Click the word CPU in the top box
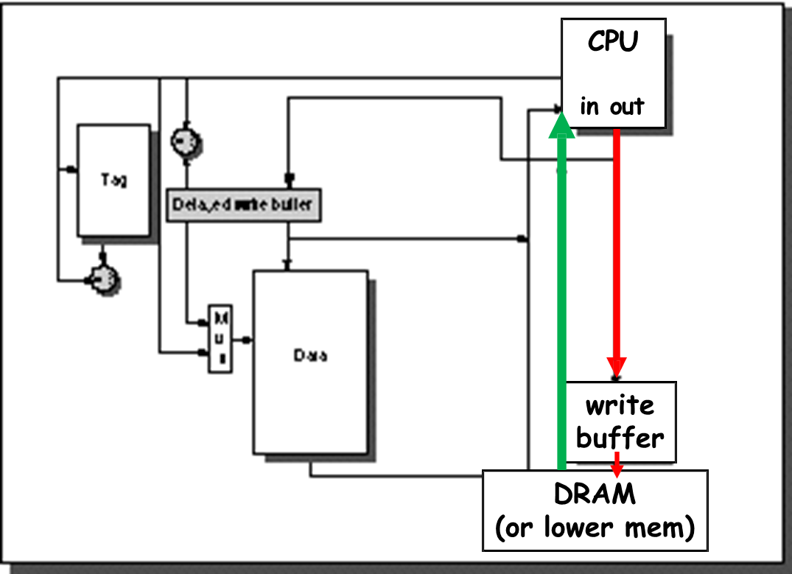click(613, 42)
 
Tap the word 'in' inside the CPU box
click(589, 107)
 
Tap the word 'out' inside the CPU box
click(626, 107)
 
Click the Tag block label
click(113, 179)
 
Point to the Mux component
click(220, 338)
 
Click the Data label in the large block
click(310, 356)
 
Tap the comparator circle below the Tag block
click(103, 279)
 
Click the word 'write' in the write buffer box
click(620, 405)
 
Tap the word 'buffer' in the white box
click(620, 438)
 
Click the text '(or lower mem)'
click(595, 528)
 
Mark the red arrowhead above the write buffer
click(617, 366)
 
